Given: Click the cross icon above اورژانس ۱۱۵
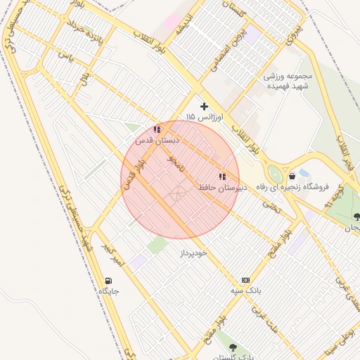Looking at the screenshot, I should tap(205, 106).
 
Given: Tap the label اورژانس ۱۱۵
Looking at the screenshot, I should tap(205, 117).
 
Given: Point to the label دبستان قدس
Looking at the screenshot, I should tap(158, 141).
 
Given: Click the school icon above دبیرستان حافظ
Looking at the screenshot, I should tap(222, 177).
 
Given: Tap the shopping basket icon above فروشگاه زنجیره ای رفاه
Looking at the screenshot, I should tap(291, 176).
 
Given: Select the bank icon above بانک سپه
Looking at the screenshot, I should tap(245, 279).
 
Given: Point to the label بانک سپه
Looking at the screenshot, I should tap(246, 290).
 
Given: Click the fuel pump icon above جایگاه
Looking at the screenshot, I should tap(108, 281).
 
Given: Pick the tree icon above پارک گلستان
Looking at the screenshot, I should tap(233, 347).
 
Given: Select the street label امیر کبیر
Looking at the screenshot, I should tap(112, 257).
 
